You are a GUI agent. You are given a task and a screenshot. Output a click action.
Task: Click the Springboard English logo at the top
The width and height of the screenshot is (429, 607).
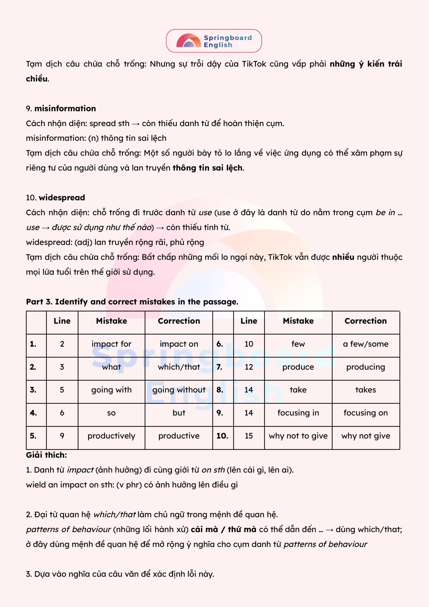click(214, 41)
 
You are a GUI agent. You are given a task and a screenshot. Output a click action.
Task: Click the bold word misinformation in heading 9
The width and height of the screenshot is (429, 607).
click(65, 108)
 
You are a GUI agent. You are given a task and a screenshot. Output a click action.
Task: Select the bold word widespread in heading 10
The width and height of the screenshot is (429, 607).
click(62, 198)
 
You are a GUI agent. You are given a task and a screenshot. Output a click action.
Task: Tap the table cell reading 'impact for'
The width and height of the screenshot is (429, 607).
click(111, 344)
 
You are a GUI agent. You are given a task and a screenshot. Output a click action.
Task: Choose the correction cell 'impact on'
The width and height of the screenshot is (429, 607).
click(179, 344)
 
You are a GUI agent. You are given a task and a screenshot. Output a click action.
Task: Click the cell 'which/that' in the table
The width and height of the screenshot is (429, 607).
click(179, 367)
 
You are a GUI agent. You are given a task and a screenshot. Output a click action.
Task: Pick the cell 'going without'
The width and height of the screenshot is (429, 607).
click(179, 390)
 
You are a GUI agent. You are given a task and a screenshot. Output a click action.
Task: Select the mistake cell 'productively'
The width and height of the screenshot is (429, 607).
click(111, 436)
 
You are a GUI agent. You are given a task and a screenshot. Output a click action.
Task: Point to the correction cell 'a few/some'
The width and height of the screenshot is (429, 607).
click(366, 344)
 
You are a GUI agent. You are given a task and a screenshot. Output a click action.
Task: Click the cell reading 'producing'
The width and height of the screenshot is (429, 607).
click(366, 367)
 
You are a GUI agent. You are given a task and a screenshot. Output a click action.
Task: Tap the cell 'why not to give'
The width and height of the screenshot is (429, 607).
click(298, 436)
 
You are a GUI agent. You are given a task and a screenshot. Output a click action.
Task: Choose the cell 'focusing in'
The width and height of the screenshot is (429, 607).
click(298, 413)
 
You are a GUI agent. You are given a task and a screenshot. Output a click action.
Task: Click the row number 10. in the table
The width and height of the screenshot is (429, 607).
click(222, 436)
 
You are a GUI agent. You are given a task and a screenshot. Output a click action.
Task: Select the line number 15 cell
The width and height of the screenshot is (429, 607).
click(249, 436)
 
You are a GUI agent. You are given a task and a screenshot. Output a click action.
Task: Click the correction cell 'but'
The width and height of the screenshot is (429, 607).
click(179, 413)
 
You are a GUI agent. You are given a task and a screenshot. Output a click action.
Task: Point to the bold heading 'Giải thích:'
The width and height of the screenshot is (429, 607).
click(46, 455)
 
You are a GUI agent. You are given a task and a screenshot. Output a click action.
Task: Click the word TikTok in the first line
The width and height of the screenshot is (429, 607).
click(254, 64)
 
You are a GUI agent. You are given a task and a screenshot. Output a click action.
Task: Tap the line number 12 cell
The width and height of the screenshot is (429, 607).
click(249, 367)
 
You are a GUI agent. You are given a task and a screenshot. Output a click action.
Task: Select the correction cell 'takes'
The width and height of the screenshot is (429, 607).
click(366, 390)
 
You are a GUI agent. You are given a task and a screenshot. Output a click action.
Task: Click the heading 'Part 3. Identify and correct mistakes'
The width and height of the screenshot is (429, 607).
click(132, 302)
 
